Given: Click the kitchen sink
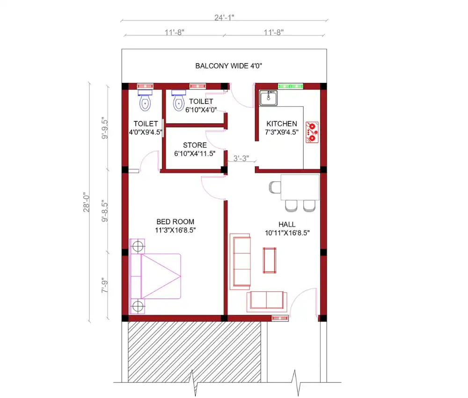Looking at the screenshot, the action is (268, 98).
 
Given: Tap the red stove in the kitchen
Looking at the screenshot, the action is (312, 132).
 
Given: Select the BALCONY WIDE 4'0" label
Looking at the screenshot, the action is (229, 66).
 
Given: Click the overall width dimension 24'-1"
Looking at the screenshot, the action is (224, 18).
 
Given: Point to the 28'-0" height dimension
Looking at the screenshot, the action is (87, 202).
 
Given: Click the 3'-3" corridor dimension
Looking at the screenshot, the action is (241, 158).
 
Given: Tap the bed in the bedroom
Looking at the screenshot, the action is (155, 276).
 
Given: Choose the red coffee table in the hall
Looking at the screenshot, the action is (270, 260).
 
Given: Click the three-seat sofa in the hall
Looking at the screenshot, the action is (240, 262).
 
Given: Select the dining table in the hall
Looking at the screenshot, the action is (300, 187).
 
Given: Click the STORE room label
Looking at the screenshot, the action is (195, 146).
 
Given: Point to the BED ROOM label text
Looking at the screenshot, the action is (175, 222).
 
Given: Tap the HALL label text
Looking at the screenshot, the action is (287, 225).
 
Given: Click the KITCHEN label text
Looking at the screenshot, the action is (282, 124).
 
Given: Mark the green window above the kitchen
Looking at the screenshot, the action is (291, 86).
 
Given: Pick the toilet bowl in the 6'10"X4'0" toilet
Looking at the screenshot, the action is (178, 101).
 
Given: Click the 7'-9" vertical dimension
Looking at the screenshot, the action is (104, 287).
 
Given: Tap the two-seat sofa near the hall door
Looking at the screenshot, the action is (267, 301).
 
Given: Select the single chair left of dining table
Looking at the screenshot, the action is (275, 187).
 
